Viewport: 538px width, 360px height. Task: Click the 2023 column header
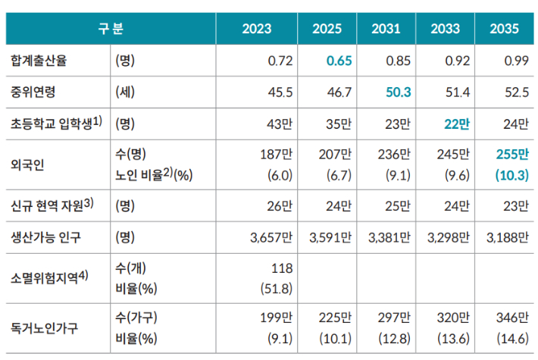coord(256,30)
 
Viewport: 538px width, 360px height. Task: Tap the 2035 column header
coord(504,30)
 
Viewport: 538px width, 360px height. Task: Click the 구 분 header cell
coord(111,30)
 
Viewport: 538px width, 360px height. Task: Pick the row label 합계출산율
coord(39,61)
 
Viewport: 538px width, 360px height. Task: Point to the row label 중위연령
coord(33,92)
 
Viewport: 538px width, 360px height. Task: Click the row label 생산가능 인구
coord(46,237)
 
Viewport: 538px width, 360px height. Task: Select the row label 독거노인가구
coord(44,328)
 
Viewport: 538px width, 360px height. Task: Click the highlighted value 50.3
coord(396,92)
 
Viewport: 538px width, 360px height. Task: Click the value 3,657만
coord(271,237)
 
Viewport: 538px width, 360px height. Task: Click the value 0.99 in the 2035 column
coord(516,61)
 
